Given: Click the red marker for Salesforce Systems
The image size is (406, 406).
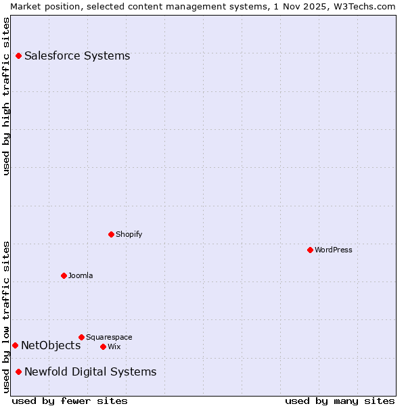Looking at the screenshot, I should point(18,55).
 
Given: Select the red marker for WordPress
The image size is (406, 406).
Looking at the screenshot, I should point(310,250).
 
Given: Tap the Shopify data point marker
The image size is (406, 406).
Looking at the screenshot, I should point(111,234).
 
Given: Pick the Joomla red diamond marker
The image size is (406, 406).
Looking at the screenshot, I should point(64,275).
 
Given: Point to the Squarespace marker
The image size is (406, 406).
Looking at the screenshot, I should point(81,337).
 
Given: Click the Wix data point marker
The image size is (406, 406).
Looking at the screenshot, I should point(103,346).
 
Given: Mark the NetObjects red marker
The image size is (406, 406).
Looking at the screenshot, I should point(15,345).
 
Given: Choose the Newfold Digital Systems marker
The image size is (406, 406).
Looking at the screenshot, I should point(18,371).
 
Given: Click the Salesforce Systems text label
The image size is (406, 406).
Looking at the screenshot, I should point(77,55).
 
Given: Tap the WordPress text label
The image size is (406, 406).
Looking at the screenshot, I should point(334,250).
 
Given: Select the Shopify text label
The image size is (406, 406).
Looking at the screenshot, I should point(129,234).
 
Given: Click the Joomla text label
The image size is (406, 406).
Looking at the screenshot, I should point(81,275).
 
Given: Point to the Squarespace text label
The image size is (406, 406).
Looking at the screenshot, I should point(109,337).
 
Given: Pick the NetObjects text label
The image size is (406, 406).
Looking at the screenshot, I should point(51,345).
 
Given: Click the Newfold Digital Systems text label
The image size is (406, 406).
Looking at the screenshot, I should point(90,371).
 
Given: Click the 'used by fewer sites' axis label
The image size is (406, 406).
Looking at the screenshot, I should point(70,401).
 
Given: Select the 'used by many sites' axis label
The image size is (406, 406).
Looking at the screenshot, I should point(340,401).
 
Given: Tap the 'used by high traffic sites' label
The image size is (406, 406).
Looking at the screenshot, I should point(6,96).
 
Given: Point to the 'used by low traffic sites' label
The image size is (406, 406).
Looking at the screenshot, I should point(6,317).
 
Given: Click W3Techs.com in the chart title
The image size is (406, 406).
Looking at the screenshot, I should point(363,6).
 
